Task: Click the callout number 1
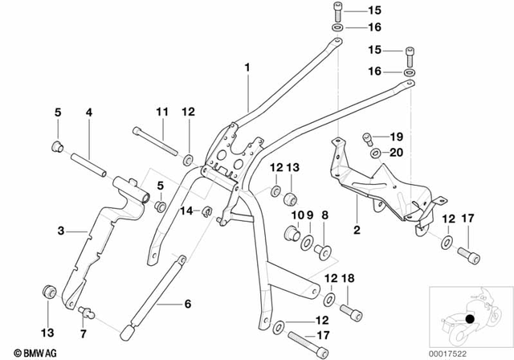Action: point(248,67)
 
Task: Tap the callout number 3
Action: point(61,231)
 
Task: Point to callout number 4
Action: point(89,112)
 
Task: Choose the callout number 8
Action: point(325,215)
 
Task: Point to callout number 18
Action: point(348,277)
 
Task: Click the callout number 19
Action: point(395,136)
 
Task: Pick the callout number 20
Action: point(395,152)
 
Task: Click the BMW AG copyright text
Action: point(24,351)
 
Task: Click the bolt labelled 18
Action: point(350,311)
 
